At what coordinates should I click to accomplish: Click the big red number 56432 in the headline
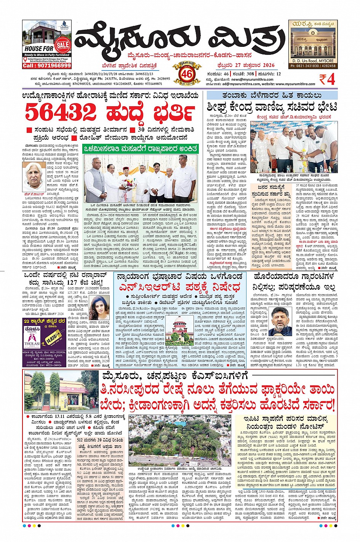(x=61, y=112)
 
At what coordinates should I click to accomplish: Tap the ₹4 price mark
(x=327, y=80)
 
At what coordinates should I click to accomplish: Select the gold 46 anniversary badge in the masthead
(x=187, y=73)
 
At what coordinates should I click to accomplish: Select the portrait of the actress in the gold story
(x=98, y=308)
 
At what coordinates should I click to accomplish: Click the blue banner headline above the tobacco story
(x=272, y=95)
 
